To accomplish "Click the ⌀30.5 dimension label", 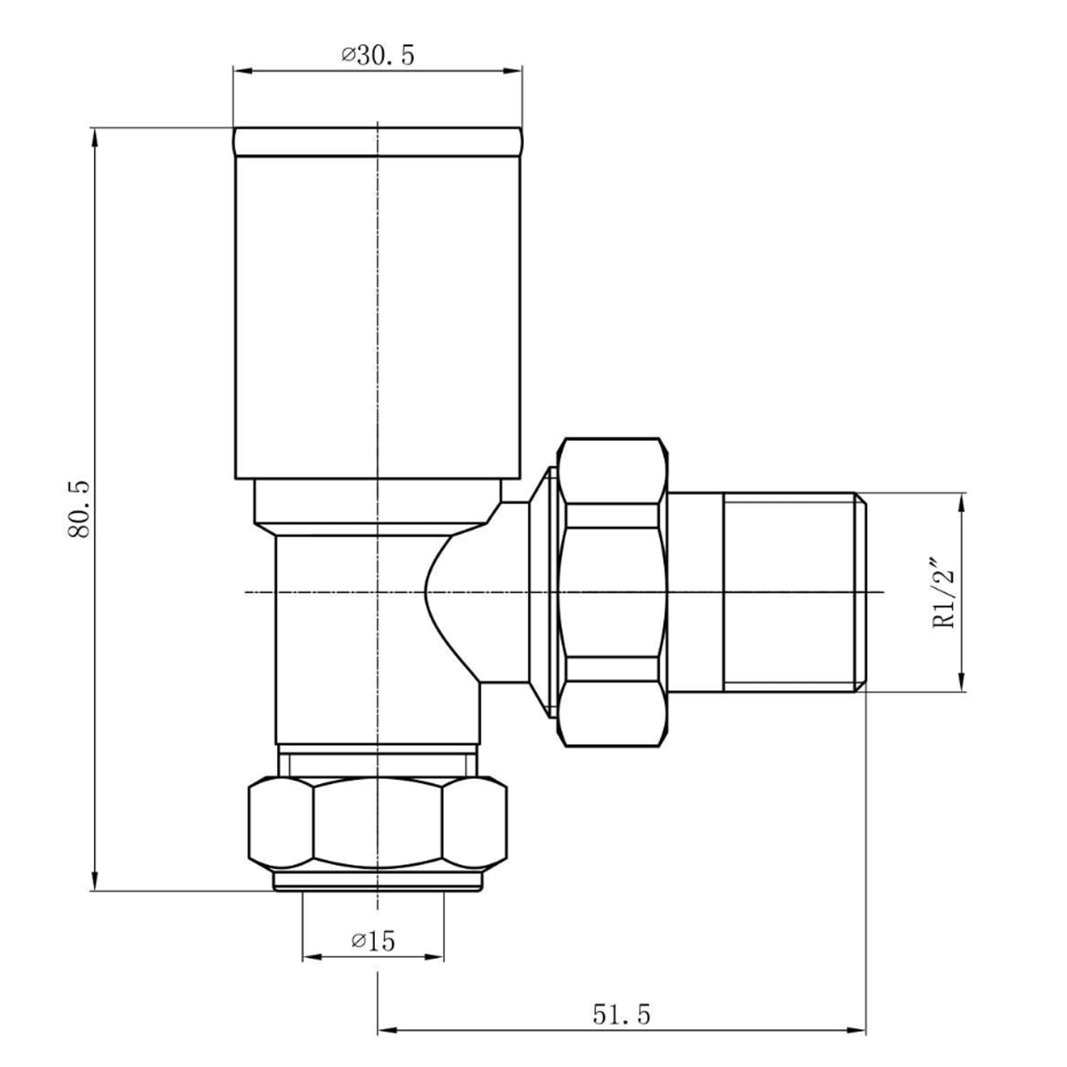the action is [377, 55].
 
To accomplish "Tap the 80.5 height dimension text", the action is [80, 509].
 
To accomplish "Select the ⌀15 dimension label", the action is [373, 941].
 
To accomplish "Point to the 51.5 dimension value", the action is [621, 1014].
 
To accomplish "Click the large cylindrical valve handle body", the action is [378, 317].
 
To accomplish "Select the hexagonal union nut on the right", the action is [613, 592].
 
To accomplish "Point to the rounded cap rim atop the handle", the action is [378, 142].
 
